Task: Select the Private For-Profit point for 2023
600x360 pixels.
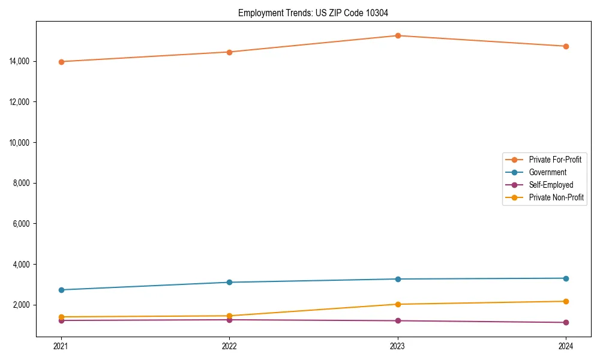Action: (x=397, y=35)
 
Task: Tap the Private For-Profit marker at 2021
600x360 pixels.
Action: (x=61, y=62)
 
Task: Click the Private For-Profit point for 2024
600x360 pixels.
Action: (x=566, y=46)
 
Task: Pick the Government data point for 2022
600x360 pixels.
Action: (x=229, y=282)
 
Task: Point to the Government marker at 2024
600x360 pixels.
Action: (x=566, y=278)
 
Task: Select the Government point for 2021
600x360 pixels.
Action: (x=61, y=290)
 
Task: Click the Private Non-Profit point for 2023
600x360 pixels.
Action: (x=397, y=304)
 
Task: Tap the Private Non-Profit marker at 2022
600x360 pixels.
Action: (x=229, y=316)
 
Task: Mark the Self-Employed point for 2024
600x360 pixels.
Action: (x=566, y=323)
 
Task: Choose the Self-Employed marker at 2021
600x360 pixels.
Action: (x=61, y=320)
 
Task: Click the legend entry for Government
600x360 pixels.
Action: (x=547, y=172)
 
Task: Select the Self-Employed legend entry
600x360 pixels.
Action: (x=551, y=185)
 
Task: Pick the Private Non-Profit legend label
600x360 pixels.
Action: (x=556, y=197)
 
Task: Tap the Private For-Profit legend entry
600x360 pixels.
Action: (x=554, y=160)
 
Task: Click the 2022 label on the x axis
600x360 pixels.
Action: (x=229, y=346)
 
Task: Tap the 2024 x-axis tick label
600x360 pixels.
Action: (x=566, y=346)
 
